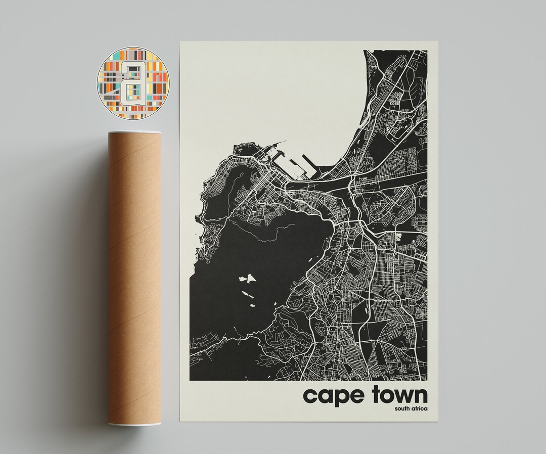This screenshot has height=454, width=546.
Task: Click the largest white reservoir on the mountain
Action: click(x=246, y=279)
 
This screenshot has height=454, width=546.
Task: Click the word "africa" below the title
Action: click(x=418, y=408)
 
